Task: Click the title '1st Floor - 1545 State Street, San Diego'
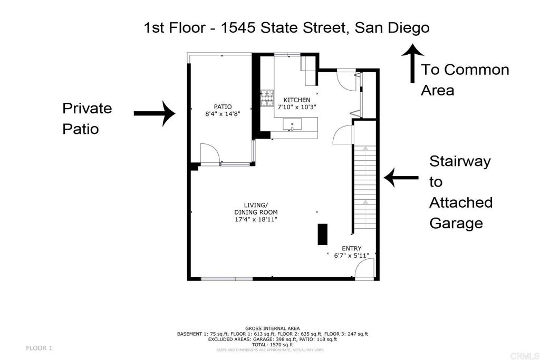[x=286, y=27]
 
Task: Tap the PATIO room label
[x=223, y=106]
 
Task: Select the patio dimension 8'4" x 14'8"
[x=223, y=113]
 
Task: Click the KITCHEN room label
[x=297, y=100]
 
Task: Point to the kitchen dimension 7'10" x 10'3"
[x=297, y=106]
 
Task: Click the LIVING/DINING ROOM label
[x=256, y=209]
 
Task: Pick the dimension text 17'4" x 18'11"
[x=256, y=219]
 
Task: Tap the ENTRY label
[x=351, y=248]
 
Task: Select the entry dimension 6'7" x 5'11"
[x=351, y=256]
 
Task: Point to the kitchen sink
[x=292, y=125]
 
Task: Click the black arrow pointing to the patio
[x=154, y=113]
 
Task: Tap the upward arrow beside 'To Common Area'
[x=412, y=64]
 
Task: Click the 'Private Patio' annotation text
[x=87, y=119]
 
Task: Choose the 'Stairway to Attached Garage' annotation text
[x=461, y=192]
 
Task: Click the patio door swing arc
[x=210, y=154]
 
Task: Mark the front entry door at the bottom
[x=364, y=269]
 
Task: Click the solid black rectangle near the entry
[x=322, y=234]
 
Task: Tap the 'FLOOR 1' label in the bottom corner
[x=40, y=348]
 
